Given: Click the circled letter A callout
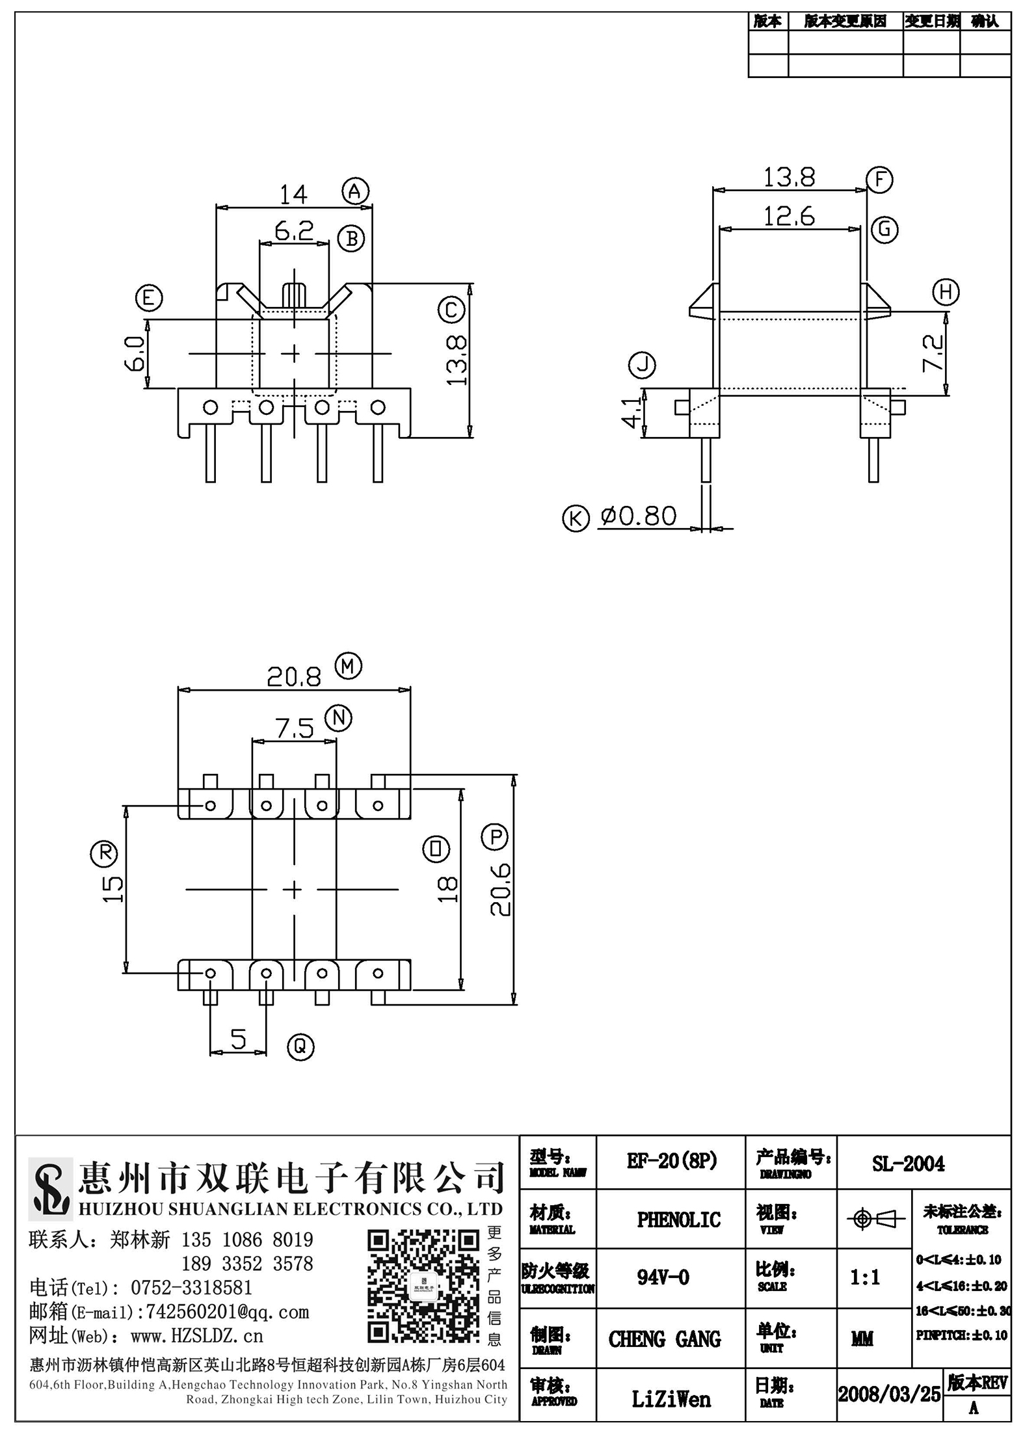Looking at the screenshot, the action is point(355,191).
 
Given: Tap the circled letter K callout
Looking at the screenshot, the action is point(576,519).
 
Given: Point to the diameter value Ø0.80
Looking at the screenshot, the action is point(639,516).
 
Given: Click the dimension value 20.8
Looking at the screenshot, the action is point(294,677).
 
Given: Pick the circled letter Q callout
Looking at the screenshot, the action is point(300,1047).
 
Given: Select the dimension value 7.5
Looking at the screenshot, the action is point(295,728).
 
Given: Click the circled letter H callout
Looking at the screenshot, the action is point(946,291).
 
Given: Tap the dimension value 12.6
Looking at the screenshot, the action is point(789,216).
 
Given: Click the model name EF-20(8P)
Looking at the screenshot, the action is point(672,1161).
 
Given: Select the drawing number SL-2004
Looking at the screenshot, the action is point(909,1164).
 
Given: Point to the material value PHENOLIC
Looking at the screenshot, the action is point(679,1219).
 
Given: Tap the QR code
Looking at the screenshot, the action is point(423,1286).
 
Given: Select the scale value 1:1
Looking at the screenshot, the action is point(866,1277).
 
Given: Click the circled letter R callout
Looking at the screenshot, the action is point(103,853).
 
